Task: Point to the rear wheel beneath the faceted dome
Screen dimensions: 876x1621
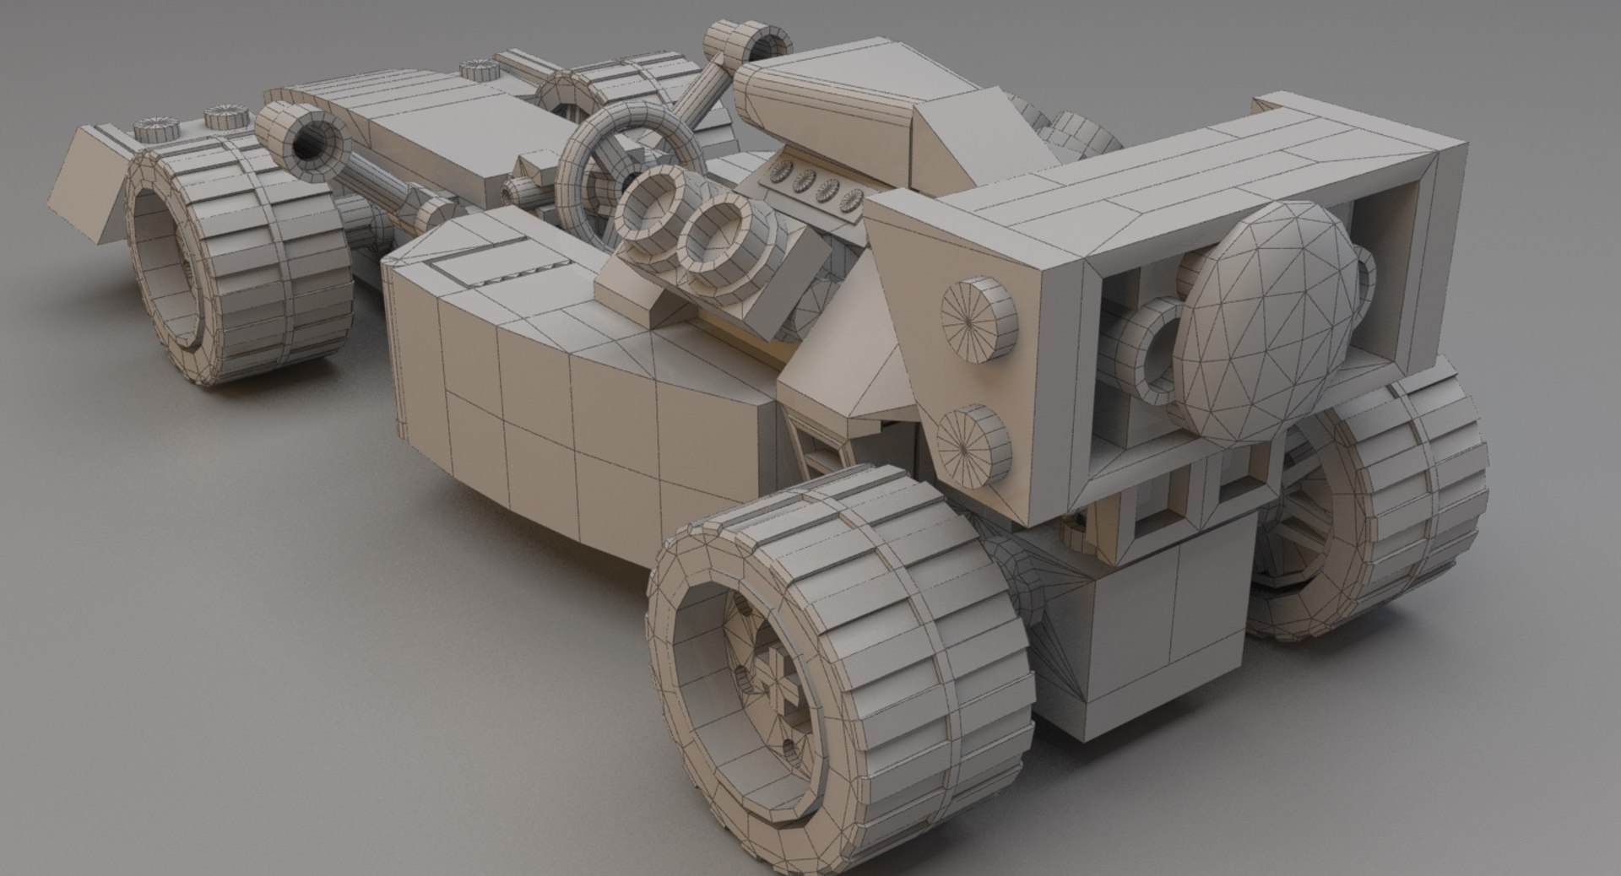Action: (1393, 515)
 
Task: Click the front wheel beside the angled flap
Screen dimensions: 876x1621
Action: (236, 270)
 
